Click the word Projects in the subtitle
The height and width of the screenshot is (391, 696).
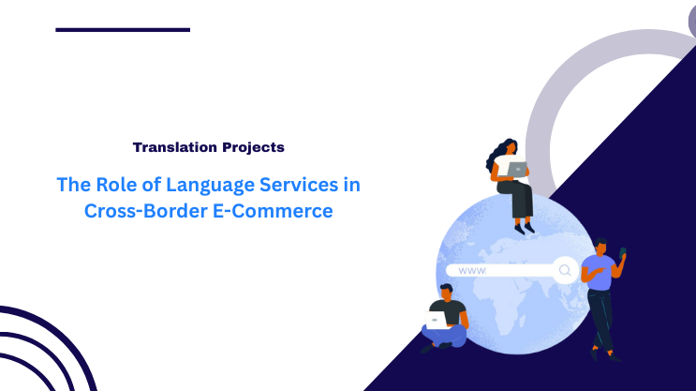(253, 147)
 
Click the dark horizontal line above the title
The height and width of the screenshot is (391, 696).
(123, 30)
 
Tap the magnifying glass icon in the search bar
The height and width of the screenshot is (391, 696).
(565, 271)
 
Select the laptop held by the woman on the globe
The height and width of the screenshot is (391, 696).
(516, 169)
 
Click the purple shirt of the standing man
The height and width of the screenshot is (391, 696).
(598, 272)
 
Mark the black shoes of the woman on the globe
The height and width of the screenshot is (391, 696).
(523, 226)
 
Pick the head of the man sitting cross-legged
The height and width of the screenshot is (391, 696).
(447, 292)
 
